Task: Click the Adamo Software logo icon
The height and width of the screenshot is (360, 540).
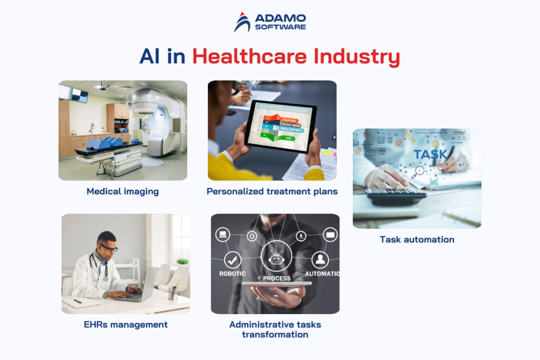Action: (x=242, y=22)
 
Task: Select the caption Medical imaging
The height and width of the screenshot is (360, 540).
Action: (x=122, y=191)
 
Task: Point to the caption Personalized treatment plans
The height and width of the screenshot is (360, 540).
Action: (x=272, y=191)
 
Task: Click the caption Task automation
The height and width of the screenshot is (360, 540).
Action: (x=417, y=239)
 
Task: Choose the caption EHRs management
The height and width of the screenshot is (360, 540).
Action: (x=126, y=324)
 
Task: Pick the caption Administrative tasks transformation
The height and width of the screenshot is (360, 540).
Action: (x=275, y=329)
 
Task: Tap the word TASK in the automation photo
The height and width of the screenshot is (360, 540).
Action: (x=430, y=154)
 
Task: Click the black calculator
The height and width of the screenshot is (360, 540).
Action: (x=396, y=196)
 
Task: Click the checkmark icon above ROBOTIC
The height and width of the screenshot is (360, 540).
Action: (x=233, y=259)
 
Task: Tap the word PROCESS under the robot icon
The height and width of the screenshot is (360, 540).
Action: (x=276, y=278)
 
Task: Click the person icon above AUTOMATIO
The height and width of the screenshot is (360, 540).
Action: (x=320, y=259)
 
